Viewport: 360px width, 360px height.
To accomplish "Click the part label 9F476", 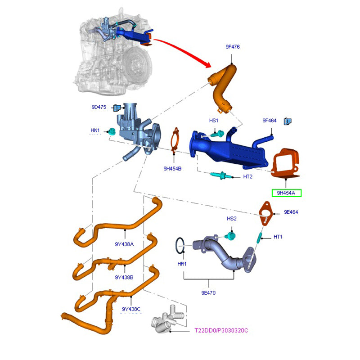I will (232, 47).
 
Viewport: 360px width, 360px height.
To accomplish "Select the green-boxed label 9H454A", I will (286, 193).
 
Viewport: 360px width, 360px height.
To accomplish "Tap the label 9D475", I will (99, 107).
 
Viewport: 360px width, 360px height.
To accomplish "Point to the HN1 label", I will (95, 130).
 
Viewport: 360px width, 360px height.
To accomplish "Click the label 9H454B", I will (172, 169).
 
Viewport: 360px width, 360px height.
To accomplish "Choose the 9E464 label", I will (291, 211).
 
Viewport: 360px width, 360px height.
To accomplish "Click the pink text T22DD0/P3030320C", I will (221, 331).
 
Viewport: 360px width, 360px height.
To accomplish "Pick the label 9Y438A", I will (124, 244).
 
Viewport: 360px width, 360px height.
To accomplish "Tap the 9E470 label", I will (208, 292).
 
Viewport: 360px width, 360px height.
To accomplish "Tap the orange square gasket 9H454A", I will (287, 162).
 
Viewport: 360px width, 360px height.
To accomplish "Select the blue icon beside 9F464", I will (288, 121).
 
